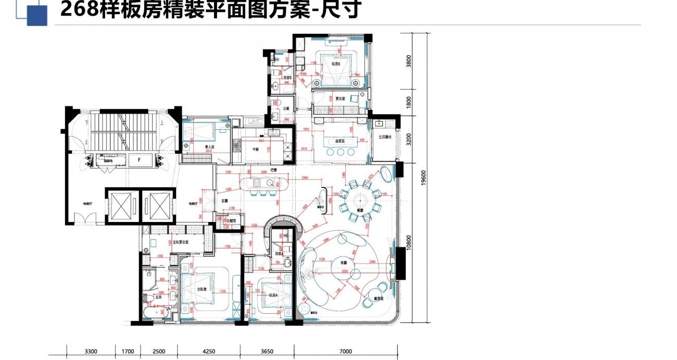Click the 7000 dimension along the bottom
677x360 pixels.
click(x=346, y=351)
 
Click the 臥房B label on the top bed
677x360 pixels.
click(x=335, y=64)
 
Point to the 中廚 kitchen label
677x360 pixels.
click(x=256, y=150)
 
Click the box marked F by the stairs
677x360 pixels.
click(x=139, y=160)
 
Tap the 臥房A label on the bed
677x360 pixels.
click(x=273, y=294)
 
